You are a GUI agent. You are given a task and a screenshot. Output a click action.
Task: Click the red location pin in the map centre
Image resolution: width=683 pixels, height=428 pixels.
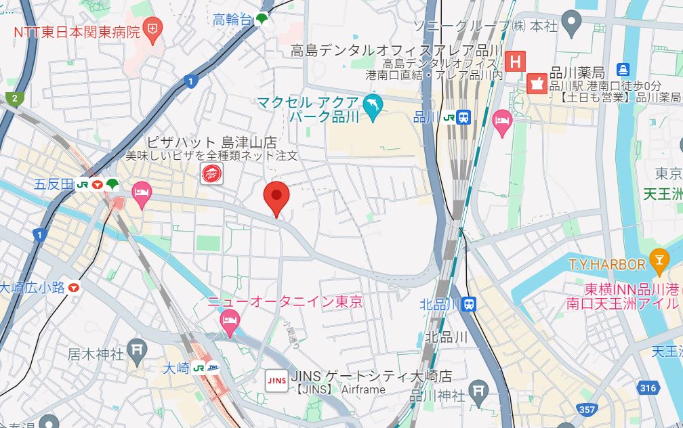[x=276, y=196]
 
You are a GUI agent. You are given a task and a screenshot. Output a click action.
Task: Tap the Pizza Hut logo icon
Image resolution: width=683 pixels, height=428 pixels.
[x=211, y=174]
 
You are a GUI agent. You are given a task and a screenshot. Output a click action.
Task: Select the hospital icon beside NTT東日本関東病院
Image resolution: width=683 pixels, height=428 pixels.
[x=154, y=30]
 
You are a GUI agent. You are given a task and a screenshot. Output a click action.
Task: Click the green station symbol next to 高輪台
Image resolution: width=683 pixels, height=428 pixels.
[x=262, y=21]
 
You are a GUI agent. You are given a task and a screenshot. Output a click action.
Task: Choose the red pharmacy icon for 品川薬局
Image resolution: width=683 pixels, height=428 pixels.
[x=537, y=83]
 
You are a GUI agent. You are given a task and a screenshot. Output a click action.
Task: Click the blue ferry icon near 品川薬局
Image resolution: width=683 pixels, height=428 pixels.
[x=623, y=69]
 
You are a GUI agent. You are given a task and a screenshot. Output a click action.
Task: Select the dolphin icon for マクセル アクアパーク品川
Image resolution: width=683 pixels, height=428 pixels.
[x=373, y=106]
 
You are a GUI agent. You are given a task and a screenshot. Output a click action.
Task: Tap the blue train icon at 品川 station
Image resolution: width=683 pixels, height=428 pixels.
[x=464, y=117]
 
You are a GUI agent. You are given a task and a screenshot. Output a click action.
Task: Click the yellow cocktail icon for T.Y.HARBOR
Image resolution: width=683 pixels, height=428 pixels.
[x=658, y=259]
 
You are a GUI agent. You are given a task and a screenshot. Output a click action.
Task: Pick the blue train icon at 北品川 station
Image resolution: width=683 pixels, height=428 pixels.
[x=468, y=304]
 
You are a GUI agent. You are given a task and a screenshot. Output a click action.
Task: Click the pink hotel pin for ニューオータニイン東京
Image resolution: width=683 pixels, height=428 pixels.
[x=230, y=324]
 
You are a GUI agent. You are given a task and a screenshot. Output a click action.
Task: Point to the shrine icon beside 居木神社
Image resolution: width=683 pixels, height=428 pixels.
[x=138, y=350]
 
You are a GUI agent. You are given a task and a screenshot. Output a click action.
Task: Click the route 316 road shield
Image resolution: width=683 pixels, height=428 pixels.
[x=648, y=387]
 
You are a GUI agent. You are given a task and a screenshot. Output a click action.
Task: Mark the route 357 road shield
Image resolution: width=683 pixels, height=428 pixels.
[x=587, y=409]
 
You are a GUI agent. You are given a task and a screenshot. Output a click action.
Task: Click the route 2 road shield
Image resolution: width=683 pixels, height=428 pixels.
[x=14, y=99]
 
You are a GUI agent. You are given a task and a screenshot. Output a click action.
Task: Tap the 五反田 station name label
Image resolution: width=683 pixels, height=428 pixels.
[x=54, y=184]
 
